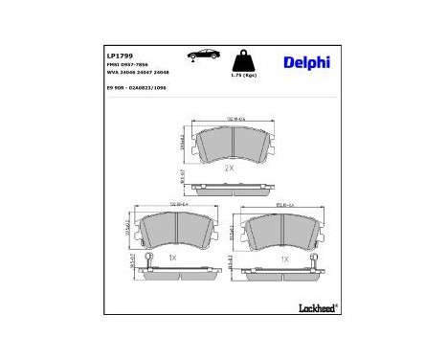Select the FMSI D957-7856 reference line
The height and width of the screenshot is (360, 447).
coord(129,65)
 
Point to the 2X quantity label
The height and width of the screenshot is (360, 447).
coord(229,168)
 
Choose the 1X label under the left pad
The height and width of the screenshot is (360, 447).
coord(172,259)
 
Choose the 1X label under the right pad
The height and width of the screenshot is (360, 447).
coord(284,259)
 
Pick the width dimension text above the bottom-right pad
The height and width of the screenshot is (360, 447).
coord(285,204)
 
